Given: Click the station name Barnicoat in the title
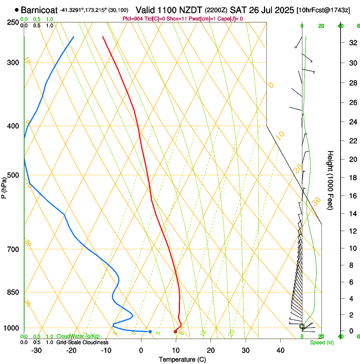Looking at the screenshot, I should pyautogui.click(x=39, y=9).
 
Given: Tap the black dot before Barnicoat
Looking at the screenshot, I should pyautogui.click(x=17, y=9).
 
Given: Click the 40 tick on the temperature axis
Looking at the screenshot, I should pyautogui.click(x=280, y=350).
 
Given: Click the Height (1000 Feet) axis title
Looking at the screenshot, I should pyautogui.click(x=331, y=180).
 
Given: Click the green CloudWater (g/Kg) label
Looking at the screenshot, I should pyautogui.click(x=78, y=336).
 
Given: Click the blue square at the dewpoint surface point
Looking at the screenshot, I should pyautogui.click(x=150, y=331).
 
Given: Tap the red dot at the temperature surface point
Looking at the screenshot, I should pyautogui.click(x=175, y=331).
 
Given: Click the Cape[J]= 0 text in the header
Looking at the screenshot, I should pyautogui.click(x=229, y=19).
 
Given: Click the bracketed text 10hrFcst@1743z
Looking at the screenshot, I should pyautogui.click(x=323, y=9).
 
